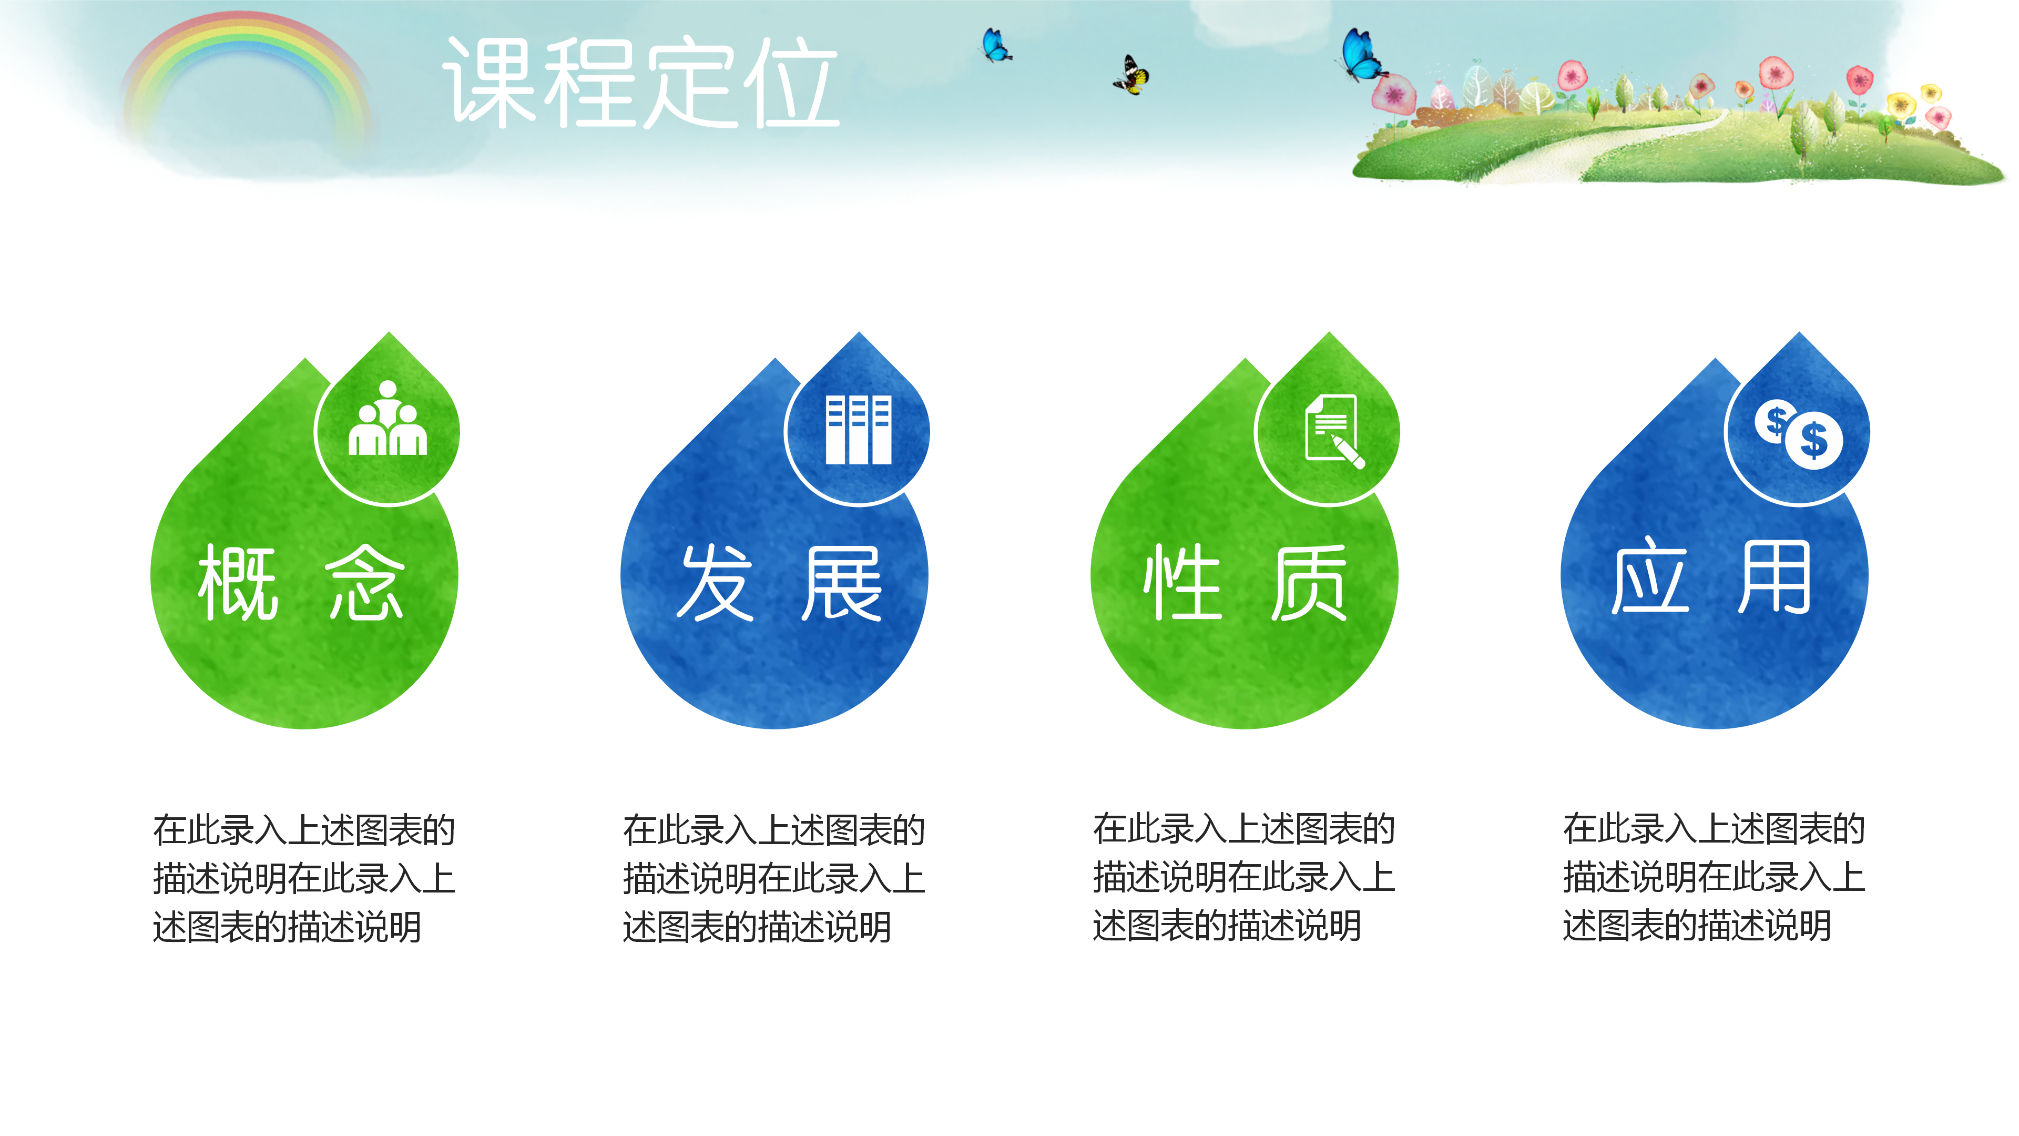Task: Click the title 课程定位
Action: point(641,83)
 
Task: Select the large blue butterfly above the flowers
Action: point(1361,55)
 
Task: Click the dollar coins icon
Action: point(1799,433)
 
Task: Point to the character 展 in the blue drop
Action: point(841,583)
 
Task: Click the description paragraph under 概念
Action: point(304,878)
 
